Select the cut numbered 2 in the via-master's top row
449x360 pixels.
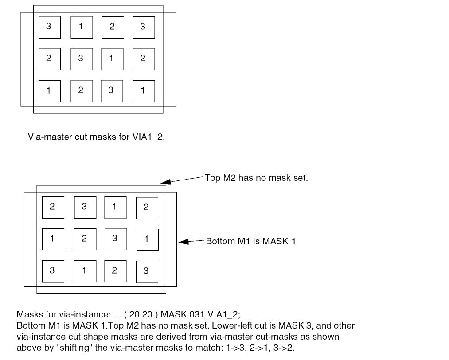click(113, 27)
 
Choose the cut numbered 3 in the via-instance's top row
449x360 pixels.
click(84, 207)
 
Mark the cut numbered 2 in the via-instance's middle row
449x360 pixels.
click(84, 239)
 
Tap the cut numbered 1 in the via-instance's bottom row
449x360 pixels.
click(84, 271)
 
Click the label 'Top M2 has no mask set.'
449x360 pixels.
click(256, 178)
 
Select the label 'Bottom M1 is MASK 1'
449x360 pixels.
click(250, 241)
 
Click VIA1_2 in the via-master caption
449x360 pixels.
click(148, 137)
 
